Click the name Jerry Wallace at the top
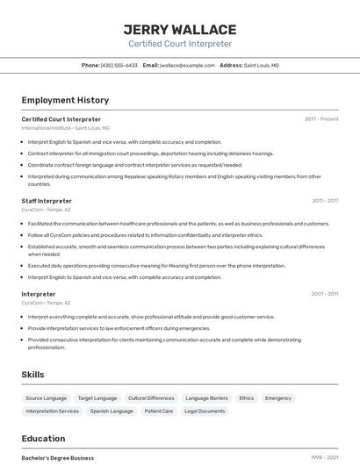point(180,30)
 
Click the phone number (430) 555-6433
point(119,65)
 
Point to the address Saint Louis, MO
point(261,65)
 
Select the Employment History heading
point(65,100)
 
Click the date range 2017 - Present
point(321,119)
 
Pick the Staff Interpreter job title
point(47,201)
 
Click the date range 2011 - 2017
point(325,201)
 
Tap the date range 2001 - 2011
point(325,294)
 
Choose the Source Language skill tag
point(46,397)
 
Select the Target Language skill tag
point(97,397)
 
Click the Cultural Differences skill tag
point(151,397)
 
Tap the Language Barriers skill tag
point(206,397)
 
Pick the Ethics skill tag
point(246,397)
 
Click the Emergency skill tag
point(278,397)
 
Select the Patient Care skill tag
point(159,411)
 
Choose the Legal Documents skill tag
point(205,411)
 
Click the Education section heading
point(43,439)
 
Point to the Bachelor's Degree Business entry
point(57,458)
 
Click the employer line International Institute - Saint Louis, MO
point(66,128)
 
